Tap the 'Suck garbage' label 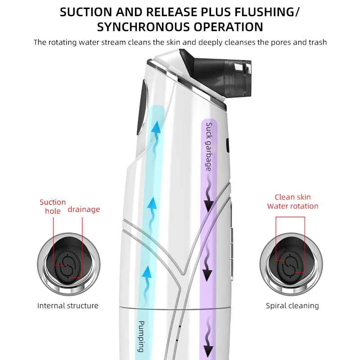pyautogui.click(x=209, y=146)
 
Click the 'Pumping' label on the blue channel pyautogui.click(x=141, y=336)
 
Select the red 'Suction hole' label pyautogui.click(x=53, y=207)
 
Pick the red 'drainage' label pyautogui.click(x=84, y=209)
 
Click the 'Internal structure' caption pyautogui.click(x=67, y=306)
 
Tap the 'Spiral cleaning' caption pyautogui.click(x=292, y=306)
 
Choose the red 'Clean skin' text pyautogui.click(x=292, y=197)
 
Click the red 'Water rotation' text pyautogui.click(x=292, y=206)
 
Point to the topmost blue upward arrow pyautogui.click(x=156, y=130)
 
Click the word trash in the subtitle pyautogui.click(x=318, y=42)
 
